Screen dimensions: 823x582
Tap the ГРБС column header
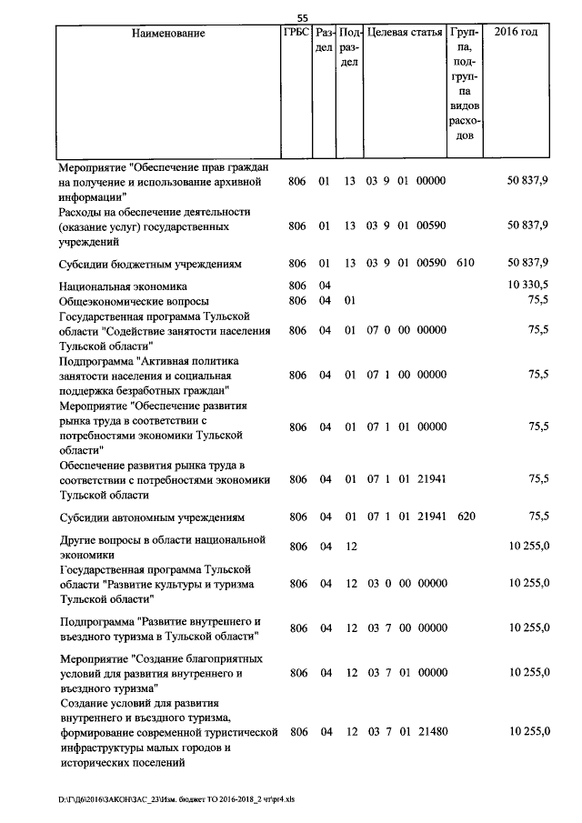coord(296,34)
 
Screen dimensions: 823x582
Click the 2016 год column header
coord(516,34)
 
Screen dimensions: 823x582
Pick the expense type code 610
coord(466,263)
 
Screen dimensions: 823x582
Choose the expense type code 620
coord(466,517)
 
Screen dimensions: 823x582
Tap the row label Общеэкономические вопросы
coord(134,301)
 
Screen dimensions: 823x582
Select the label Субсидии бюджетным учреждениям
coord(151,263)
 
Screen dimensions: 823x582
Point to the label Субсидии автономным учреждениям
coord(152,517)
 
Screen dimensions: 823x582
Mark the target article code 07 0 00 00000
coord(406,331)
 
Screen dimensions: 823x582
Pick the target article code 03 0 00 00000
coord(406,583)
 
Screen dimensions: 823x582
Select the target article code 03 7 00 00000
coord(406,627)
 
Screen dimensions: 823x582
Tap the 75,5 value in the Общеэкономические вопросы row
coord(538,301)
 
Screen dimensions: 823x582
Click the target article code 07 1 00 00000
coord(406,374)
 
